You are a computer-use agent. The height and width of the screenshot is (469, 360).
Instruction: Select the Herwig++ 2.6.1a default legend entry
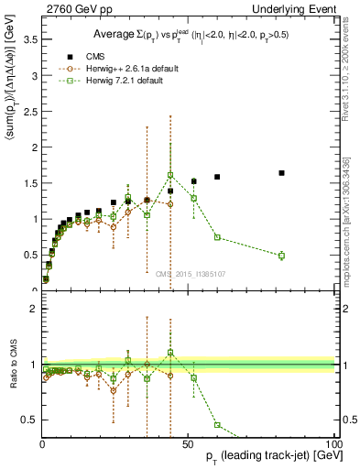[128, 69]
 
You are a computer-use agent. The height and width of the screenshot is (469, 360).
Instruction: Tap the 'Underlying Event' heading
[298, 8]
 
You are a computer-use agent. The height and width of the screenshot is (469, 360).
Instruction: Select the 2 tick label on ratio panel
[32, 309]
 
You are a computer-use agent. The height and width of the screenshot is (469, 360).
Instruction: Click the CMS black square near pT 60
[217, 177]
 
